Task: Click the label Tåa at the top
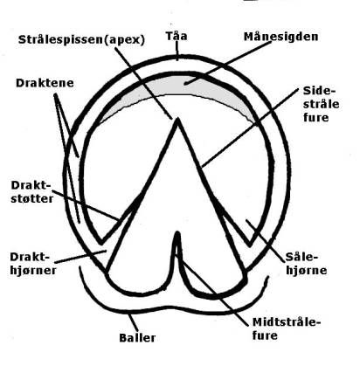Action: (177, 36)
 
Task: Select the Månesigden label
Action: (280, 37)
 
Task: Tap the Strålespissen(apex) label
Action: (81, 39)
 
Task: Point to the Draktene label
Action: (45, 83)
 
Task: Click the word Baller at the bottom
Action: (137, 338)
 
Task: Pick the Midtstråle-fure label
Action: (287, 328)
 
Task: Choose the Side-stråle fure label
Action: (321, 104)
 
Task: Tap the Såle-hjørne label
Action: (306, 264)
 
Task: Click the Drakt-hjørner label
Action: (33, 264)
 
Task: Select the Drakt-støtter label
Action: (32, 192)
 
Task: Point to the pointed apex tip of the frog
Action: (177, 120)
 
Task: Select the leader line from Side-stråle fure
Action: (250, 128)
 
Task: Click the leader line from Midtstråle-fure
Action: (213, 290)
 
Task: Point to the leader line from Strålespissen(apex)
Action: (143, 83)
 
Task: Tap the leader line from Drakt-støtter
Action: (86, 204)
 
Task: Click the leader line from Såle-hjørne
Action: (266, 240)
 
